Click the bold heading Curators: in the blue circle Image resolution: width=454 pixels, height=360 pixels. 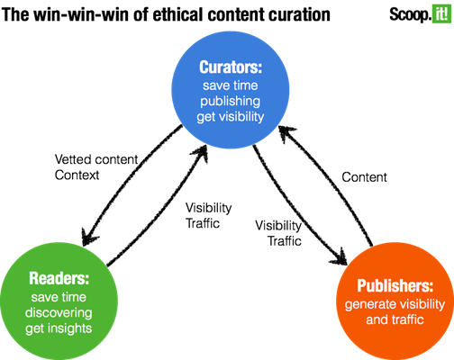pyautogui.click(x=231, y=67)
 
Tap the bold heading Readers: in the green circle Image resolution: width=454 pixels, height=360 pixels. pyautogui.click(x=59, y=278)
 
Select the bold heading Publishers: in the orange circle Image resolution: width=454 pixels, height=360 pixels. pyautogui.click(x=395, y=285)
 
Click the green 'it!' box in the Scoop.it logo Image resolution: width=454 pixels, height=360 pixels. pyautogui.click(x=441, y=13)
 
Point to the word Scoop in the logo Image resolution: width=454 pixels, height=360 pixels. pyautogui.click(x=409, y=14)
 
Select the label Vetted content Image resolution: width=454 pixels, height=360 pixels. pyautogui.click(x=96, y=159)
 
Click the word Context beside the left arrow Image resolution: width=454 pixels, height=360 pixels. pyautogui.click(x=77, y=175)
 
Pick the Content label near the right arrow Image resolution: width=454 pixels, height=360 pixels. pyautogui.click(x=364, y=177)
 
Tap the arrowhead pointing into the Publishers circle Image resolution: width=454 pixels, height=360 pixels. pyautogui.click(x=340, y=257)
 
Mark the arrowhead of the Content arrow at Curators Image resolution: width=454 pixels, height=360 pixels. pyautogui.click(x=286, y=133)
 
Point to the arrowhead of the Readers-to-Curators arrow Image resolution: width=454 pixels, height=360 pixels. pyautogui.click(x=201, y=152)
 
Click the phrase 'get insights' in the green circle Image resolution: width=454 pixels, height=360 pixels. pyautogui.click(x=59, y=328)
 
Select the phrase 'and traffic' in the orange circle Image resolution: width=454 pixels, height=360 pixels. pyautogui.click(x=395, y=319)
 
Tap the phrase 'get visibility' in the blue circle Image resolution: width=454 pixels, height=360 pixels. pyautogui.click(x=231, y=117)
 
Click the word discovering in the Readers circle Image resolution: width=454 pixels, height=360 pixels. pyautogui.click(x=59, y=312)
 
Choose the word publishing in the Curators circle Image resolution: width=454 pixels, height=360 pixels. pyautogui.click(x=231, y=101)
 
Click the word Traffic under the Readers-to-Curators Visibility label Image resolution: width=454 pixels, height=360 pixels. pyautogui.click(x=203, y=223)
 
